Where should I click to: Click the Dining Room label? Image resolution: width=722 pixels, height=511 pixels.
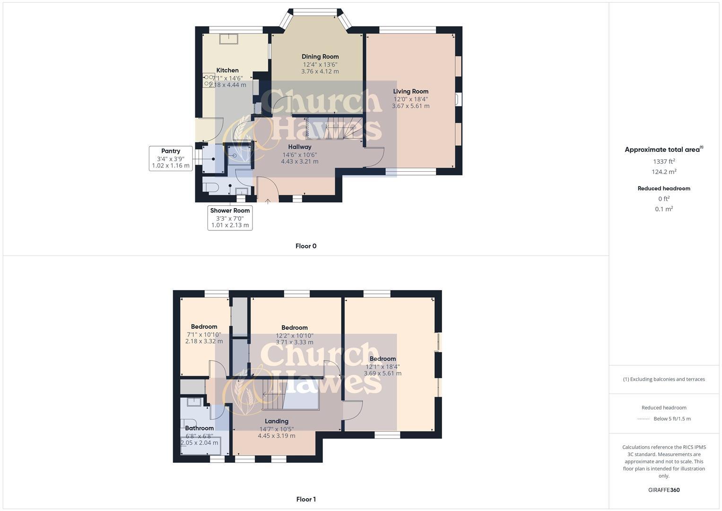[x=320, y=57]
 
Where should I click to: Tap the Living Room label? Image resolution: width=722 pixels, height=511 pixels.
[x=410, y=92]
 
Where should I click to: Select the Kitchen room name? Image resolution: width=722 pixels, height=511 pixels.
[x=227, y=70]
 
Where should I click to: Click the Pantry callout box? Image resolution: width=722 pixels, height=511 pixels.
[x=171, y=159]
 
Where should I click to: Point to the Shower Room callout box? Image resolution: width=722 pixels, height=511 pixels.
[x=230, y=218]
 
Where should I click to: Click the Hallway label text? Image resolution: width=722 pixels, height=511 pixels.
[x=300, y=147]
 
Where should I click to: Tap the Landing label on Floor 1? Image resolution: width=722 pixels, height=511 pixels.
[x=277, y=421]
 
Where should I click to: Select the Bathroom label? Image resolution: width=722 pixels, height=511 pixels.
[x=199, y=428]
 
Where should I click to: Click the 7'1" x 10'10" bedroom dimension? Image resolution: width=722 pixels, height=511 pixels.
[x=204, y=335]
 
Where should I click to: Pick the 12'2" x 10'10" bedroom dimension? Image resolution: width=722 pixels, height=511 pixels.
[x=295, y=335]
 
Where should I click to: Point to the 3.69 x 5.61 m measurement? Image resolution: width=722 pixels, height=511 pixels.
[x=383, y=373]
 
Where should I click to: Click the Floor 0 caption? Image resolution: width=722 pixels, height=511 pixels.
[x=306, y=246]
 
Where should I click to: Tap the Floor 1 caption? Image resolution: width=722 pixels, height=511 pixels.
[x=306, y=499]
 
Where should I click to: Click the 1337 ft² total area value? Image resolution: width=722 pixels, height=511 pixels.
[x=663, y=162]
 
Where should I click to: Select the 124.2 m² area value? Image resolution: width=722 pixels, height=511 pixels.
[x=663, y=172]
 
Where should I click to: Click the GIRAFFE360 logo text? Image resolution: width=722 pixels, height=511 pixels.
[x=663, y=490]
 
